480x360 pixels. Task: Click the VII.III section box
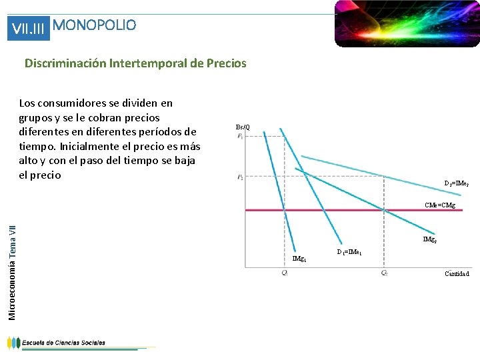(28, 29)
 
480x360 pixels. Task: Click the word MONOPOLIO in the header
(94, 25)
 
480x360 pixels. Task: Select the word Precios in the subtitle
(227, 64)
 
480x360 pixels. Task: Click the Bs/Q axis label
(243, 127)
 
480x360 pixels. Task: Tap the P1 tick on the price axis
(239, 136)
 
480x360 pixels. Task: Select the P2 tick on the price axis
(239, 177)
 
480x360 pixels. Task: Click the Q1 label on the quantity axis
(284, 273)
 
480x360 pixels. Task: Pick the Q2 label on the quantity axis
(384, 273)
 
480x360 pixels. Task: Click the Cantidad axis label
(457, 273)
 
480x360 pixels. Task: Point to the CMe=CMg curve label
(440, 205)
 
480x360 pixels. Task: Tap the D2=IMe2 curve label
(457, 183)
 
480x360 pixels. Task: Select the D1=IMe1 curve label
(349, 252)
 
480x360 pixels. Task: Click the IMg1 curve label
(299, 258)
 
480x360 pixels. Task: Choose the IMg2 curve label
(430, 239)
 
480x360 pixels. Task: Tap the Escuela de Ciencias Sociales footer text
(63, 343)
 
